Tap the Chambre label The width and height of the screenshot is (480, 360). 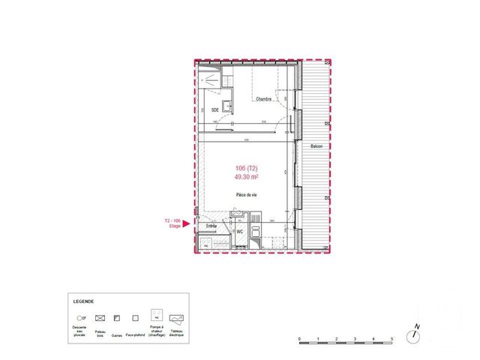(x=262, y=100)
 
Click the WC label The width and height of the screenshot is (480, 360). (x=240, y=232)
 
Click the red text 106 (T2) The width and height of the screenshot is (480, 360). (x=246, y=168)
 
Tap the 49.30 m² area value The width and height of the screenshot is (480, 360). (x=246, y=178)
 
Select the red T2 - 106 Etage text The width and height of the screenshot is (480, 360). (x=172, y=222)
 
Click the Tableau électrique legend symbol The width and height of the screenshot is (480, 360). (x=178, y=317)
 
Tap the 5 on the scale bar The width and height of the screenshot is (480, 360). (x=391, y=340)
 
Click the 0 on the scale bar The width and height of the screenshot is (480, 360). (x=299, y=340)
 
